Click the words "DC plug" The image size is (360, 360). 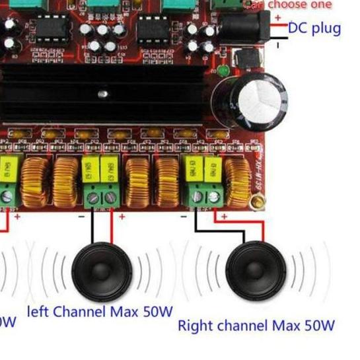314,28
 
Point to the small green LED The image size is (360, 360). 224,69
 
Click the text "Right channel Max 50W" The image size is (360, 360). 256,326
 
